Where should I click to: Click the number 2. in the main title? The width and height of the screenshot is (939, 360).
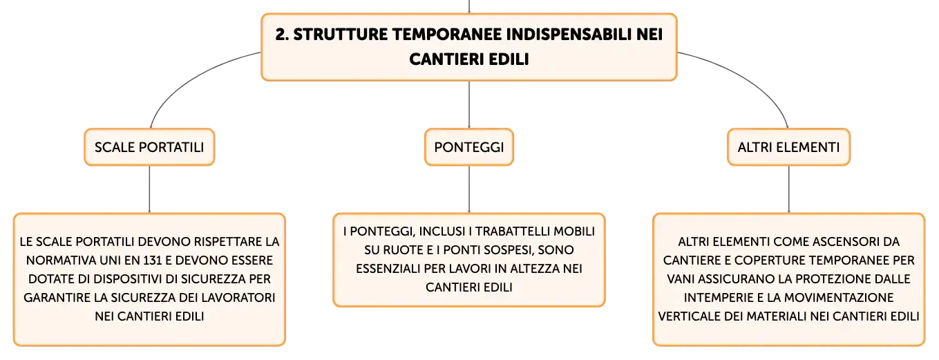[282, 35]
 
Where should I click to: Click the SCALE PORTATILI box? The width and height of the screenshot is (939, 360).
[149, 147]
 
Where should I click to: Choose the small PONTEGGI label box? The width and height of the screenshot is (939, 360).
[469, 147]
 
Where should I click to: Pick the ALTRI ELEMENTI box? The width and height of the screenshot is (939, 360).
[788, 147]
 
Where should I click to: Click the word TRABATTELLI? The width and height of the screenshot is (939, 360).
[512, 231]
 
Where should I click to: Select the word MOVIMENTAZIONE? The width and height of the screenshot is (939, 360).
[839, 298]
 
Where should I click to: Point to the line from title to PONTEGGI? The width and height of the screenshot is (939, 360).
[469, 105]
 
